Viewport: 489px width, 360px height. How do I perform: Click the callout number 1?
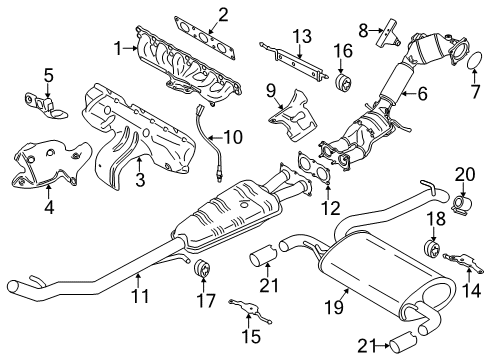(x=119, y=46)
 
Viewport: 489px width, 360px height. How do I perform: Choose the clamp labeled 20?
(x=463, y=206)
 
